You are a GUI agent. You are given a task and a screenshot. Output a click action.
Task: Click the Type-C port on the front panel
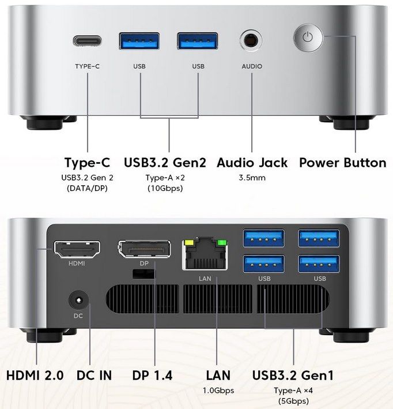88,41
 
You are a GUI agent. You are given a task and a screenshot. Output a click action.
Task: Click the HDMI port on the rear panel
77,250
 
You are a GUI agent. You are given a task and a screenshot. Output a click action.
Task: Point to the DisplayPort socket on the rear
144,250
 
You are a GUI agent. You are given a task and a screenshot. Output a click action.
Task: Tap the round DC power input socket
78,301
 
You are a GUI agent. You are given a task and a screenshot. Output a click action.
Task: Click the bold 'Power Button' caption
342,163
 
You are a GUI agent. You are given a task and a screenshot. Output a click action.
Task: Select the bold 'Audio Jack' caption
252,163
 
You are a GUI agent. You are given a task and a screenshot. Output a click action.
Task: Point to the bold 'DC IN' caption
94,375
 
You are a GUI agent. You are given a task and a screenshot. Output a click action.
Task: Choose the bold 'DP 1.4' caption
152,375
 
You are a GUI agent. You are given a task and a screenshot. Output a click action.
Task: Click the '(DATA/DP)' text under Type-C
87,188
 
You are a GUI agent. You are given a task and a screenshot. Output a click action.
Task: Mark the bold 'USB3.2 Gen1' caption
293,375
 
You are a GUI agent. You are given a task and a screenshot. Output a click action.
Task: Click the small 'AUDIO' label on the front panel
252,66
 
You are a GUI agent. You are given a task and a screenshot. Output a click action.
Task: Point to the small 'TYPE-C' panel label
88,66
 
